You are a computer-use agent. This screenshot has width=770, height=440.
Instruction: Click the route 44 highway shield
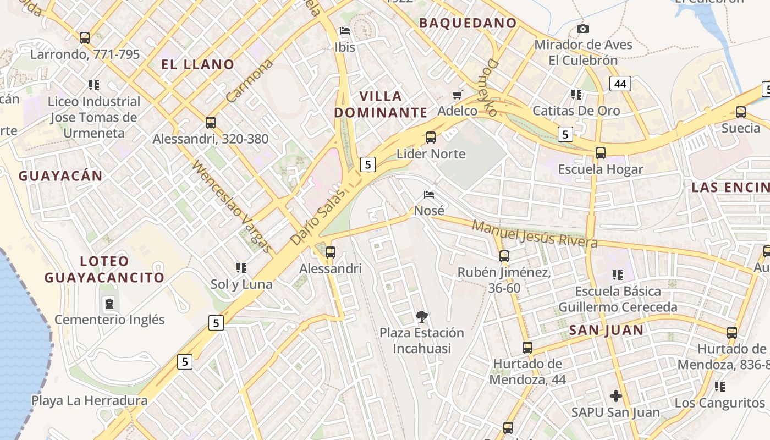(620, 84)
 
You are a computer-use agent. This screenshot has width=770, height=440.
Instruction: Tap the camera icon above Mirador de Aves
(583, 29)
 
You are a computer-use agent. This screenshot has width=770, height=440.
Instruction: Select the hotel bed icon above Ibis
(345, 31)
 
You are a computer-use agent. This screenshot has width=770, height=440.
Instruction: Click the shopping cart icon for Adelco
(457, 95)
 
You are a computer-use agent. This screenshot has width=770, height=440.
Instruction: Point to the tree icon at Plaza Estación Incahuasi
(422, 317)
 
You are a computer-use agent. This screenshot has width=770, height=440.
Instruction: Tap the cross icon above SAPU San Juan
(616, 395)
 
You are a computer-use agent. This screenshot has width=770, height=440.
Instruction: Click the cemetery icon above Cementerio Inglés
(109, 303)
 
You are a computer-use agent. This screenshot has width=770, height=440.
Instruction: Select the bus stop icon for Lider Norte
(431, 137)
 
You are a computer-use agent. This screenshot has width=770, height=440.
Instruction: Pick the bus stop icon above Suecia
(741, 112)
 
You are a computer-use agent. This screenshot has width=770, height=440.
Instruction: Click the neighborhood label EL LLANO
(198, 64)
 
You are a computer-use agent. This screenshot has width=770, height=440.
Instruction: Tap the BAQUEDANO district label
(468, 23)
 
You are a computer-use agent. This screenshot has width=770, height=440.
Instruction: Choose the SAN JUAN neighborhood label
(606, 330)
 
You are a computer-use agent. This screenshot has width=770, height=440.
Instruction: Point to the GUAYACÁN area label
(61, 176)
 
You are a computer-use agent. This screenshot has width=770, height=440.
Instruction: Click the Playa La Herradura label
(89, 400)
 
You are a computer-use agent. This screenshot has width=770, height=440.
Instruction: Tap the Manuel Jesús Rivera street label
(535, 234)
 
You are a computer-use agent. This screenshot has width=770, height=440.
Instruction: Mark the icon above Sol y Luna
(241, 268)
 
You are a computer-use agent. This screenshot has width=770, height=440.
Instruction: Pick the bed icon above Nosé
(429, 195)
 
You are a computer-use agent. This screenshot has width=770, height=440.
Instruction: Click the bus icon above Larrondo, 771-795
(85, 38)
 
